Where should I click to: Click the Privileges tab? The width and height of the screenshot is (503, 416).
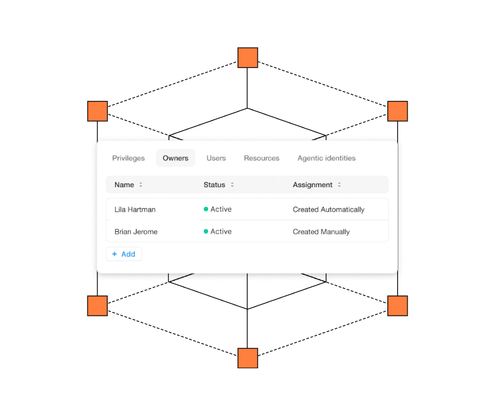[x=129, y=158]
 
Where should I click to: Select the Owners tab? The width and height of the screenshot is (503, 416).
[x=176, y=158]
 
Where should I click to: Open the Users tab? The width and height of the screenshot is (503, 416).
[x=216, y=158]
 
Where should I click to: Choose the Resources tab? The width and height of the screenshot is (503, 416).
[x=261, y=158]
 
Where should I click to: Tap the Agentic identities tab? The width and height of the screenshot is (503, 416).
[x=326, y=158]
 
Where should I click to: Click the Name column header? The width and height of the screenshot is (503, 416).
[x=124, y=185]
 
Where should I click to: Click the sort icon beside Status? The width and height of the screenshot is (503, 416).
[x=233, y=185]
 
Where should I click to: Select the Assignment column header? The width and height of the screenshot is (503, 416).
[x=312, y=185]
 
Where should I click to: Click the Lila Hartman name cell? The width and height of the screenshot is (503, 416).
[x=135, y=209]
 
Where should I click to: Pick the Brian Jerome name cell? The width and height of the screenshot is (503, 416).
[x=136, y=232]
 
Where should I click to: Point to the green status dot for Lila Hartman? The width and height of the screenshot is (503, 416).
[x=206, y=209]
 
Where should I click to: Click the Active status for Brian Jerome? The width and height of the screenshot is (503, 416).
[x=220, y=231]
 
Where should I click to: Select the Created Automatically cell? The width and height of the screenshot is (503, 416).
[x=329, y=209]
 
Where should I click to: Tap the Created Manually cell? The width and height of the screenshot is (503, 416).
[x=321, y=232]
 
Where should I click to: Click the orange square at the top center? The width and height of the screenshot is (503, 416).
[x=248, y=58]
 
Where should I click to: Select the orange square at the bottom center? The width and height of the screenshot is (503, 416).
[x=248, y=358]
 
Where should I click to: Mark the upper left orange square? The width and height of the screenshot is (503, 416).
[x=97, y=111]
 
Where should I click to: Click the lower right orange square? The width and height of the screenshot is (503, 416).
[x=398, y=306]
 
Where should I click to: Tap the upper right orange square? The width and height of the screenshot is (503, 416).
[x=398, y=111]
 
